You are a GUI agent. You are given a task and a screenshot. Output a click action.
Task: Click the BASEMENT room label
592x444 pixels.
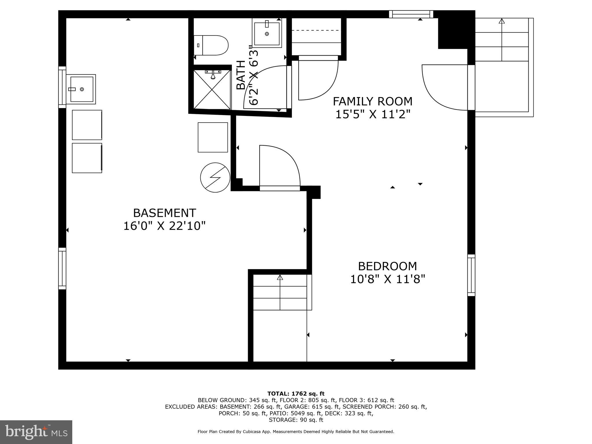(164, 213)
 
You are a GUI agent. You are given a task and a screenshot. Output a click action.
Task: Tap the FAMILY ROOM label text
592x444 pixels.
(373, 101)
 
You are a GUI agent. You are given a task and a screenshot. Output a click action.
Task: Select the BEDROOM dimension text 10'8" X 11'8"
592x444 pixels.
(388, 279)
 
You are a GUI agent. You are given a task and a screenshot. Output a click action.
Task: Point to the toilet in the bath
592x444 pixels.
(212, 45)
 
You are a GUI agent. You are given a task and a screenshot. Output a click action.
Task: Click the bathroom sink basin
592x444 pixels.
(267, 34)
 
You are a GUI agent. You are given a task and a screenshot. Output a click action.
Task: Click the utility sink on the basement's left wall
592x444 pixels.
(82, 89)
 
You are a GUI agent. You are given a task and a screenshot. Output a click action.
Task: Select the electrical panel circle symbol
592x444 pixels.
(215, 177)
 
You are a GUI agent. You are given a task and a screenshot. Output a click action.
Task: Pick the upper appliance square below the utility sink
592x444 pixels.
(87, 125)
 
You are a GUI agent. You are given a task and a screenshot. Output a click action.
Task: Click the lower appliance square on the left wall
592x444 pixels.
(87, 158)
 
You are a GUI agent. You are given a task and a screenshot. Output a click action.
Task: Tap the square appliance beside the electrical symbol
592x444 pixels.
(213, 137)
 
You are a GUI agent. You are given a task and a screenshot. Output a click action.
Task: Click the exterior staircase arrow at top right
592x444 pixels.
(502, 21)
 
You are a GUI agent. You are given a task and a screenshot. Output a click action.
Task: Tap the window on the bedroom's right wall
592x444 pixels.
(471, 275)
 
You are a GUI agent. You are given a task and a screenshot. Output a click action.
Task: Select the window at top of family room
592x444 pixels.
(411, 14)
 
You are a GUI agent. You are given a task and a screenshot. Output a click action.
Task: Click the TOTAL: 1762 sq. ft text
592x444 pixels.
(296, 394)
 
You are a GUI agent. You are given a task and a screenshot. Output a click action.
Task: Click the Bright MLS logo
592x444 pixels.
(36, 432)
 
